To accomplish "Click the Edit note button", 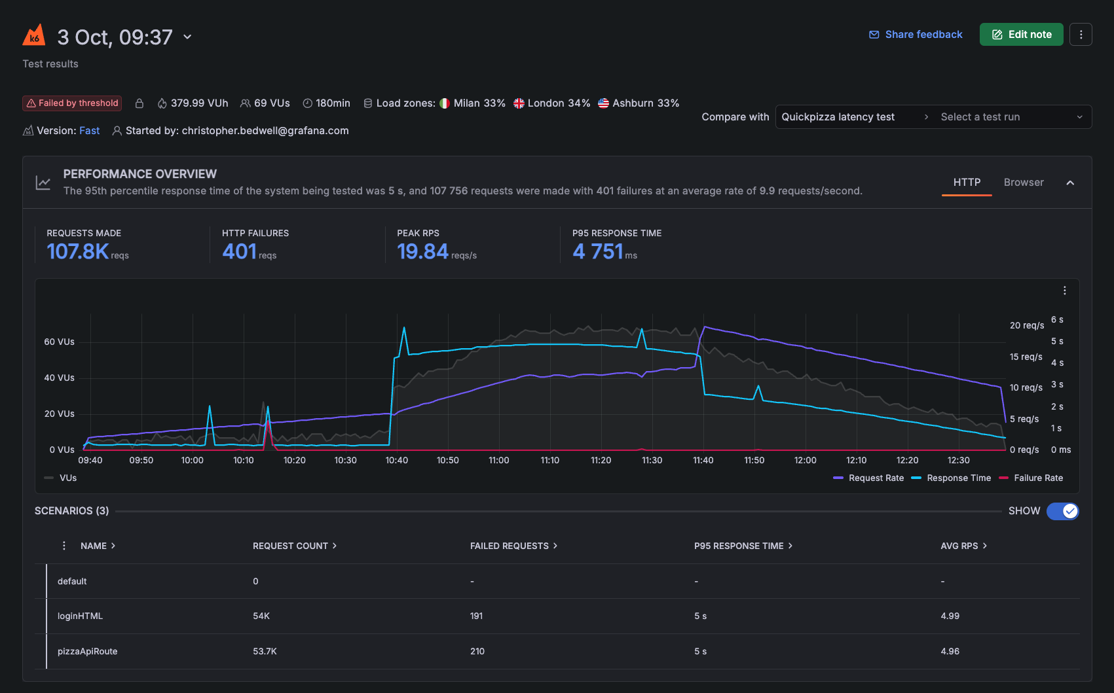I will (1021, 35).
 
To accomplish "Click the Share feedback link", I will (916, 35).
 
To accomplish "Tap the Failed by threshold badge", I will (72, 103).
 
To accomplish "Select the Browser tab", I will (1023, 183).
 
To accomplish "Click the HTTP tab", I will (966, 183).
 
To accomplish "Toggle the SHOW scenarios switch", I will (1062, 511).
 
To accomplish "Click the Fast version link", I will (90, 131).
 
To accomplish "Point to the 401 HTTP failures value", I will (240, 251).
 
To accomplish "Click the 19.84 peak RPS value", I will (422, 251).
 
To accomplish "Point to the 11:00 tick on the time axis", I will (498, 461).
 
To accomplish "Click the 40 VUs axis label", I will (59, 378).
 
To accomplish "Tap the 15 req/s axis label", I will (1025, 357).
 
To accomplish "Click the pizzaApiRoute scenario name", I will (87, 651).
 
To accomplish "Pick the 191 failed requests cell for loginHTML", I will (476, 616).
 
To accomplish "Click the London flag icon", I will (519, 103).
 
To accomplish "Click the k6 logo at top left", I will (34, 35).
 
